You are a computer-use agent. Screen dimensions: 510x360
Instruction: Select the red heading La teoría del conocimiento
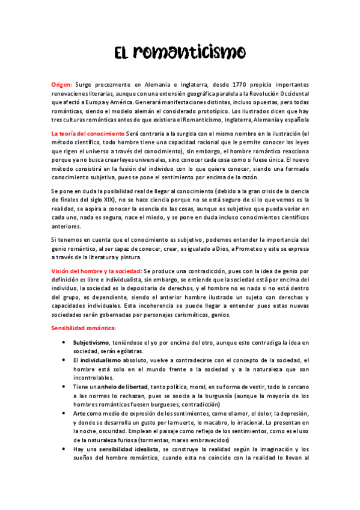coord(88,133)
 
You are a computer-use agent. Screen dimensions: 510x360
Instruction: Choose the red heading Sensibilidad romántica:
coord(84,328)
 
